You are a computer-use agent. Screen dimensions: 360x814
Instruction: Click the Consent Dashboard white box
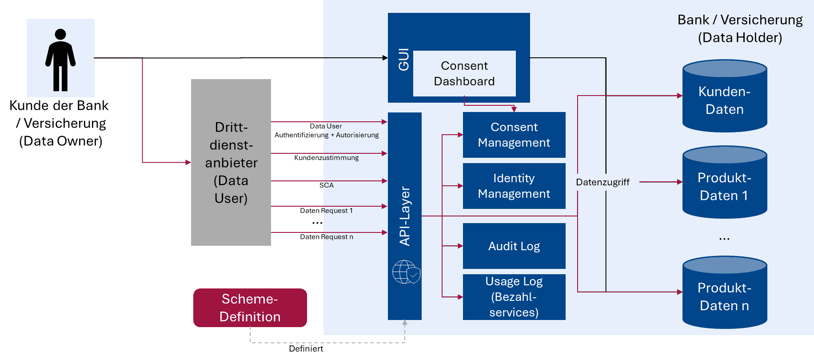click(464, 73)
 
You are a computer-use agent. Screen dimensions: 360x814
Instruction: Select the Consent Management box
click(514, 135)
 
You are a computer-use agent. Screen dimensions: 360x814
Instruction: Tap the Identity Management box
click(514, 186)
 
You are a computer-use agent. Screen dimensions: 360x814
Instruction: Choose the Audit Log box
click(514, 246)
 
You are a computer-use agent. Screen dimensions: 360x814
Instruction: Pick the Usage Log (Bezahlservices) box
click(514, 297)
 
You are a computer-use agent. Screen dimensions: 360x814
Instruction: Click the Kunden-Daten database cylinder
click(725, 100)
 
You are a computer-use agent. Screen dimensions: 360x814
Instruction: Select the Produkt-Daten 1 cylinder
click(725, 187)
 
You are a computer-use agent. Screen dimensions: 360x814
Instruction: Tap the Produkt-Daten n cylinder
click(725, 296)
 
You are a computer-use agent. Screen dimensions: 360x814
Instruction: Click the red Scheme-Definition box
click(250, 308)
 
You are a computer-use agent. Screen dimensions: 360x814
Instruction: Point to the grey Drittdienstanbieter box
click(231, 162)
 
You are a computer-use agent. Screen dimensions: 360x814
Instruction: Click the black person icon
click(60, 60)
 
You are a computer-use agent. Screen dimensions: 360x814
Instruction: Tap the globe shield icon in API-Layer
click(406, 272)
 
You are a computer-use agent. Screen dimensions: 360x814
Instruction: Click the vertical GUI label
click(403, 60)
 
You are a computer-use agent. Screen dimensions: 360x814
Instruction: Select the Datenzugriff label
click(603, 182)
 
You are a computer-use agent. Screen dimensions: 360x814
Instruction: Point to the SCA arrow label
click(326, 185)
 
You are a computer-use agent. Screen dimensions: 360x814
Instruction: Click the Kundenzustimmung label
click(326, 158)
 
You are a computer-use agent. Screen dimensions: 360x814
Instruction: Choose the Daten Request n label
click(326, 237)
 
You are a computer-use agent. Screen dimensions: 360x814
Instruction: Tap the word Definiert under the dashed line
click(306, 349)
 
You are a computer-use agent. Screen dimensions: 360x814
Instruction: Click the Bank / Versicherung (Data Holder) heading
click(740, 28)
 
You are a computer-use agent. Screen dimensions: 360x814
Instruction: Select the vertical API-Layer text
click(405, 216)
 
